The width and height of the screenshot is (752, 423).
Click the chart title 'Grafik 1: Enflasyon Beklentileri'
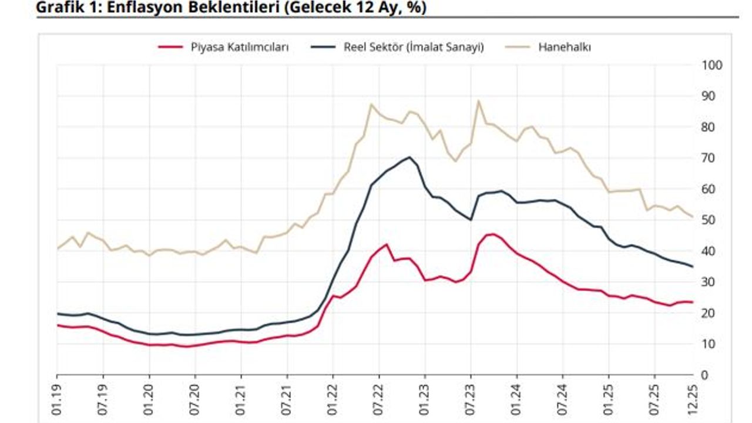[x=231, y=8]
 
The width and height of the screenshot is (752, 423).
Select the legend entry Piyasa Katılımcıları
[x=239, y=48]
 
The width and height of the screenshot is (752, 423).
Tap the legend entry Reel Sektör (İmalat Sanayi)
[x=414, y=48]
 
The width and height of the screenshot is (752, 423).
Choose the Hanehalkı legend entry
[x=565, y=48]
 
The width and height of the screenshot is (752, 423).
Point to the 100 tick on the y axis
[x=711, y=65]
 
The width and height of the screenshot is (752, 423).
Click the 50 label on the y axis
[x=709, y=220]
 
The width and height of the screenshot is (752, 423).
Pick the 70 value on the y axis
[x=709, y=158]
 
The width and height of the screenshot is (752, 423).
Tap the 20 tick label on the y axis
[x=709, y=313]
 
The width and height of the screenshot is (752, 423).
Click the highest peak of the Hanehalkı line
[x=478, y=100]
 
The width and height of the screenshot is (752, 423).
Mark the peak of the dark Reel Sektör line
[x=409, y=157]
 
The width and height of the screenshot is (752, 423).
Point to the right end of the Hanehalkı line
[x=692, y=217]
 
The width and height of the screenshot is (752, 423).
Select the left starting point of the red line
[x=58, y=325]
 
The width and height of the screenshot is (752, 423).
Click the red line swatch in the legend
[x=171, y=48]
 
